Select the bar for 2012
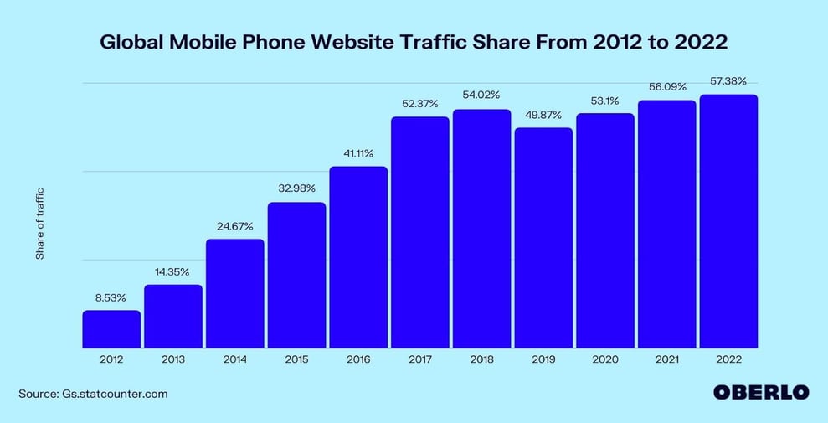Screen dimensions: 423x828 pyautogui.click(x=111, y=328)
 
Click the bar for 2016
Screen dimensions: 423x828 pyautogui.click(x=358, y=256)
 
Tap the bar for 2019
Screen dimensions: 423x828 pyautogui.click(x=543, y=237)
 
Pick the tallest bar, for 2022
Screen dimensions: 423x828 pyautogui.click(x=728, y=220)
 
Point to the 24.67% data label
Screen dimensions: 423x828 pyautogui.click(x=234, y=225)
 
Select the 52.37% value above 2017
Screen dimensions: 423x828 pyautogui.click(x=419, y=103)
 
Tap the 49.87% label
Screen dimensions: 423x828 pyautogui.click(x=543, y=114)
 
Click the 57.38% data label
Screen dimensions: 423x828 pyautogui.click(x=728, y=80)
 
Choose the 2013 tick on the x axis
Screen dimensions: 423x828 pyautogui.click(x=173, y=359)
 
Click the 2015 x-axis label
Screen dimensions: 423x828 pyautogui.click(x=296, y=359)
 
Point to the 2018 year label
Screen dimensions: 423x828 pyautogui.click(x=481, y=359)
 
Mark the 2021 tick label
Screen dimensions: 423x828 pyautogui.click(x=666, y=359)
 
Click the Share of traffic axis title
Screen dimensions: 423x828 pyautogui.click(x=39, y=224)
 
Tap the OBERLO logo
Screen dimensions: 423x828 pyautogui.click(x=760, y=392)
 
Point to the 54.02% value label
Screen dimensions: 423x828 pyautogui.click(x=481, y=95)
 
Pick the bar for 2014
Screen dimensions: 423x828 pyautogui.click(x=234, y=293)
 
